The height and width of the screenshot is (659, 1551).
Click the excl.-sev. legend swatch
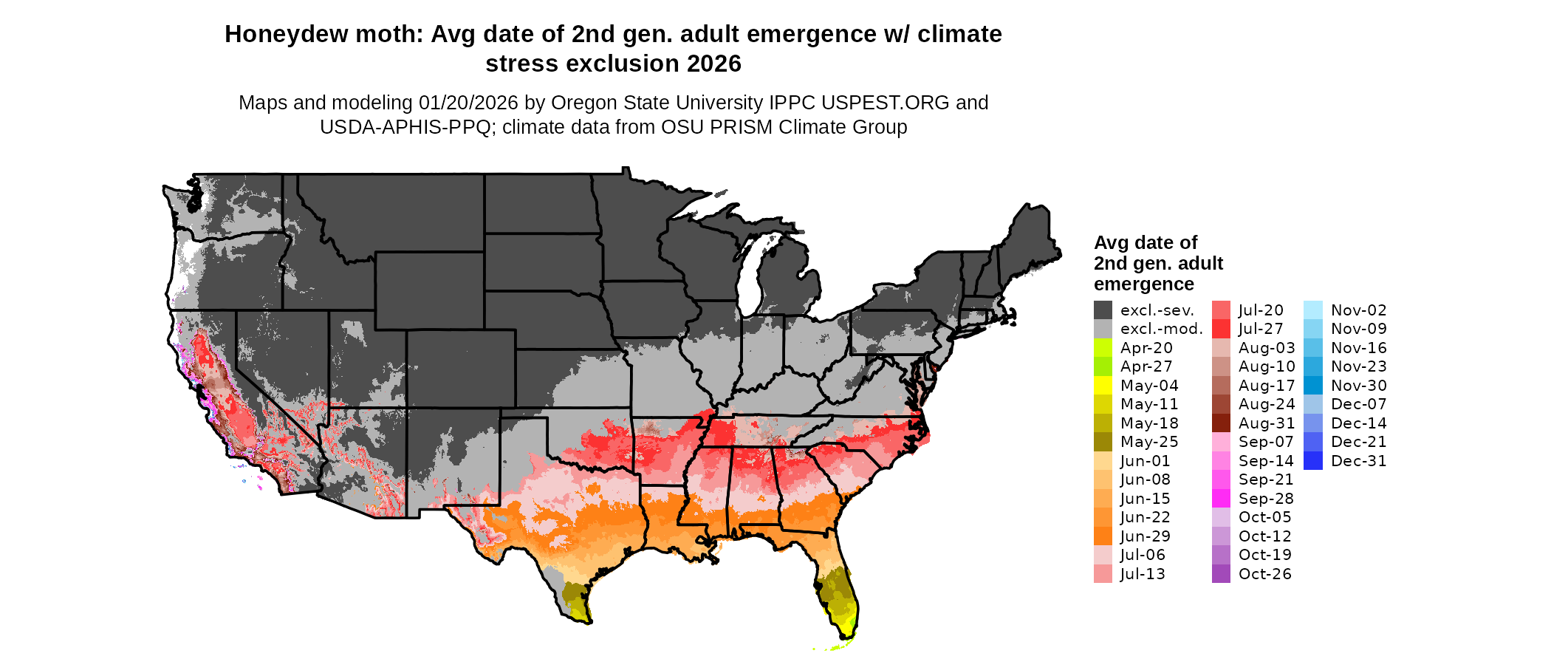(1103, 310)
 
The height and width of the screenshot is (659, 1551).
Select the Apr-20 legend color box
(1103, 348)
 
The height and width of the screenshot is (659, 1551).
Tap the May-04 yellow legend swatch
(1103, 386)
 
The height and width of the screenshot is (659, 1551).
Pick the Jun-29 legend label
(1145, 536)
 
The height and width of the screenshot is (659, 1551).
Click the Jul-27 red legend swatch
(1221, 329)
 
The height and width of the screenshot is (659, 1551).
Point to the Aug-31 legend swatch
(1221, 423)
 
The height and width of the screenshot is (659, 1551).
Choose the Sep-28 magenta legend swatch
(1221, 499)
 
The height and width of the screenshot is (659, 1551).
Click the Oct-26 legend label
(1264, 574)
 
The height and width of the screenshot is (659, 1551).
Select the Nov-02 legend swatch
(1313, 310)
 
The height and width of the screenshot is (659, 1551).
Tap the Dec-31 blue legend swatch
(1313, 461)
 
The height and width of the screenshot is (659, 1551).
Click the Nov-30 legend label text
(1358, 386)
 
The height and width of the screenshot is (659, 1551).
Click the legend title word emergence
(1143, 284)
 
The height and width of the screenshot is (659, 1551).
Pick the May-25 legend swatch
(1103, 442)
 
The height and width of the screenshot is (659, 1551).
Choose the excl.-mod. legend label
(1161, 329)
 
